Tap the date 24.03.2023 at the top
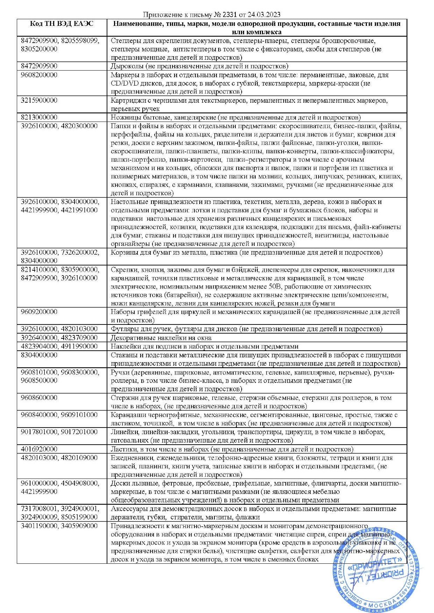coord(264,15)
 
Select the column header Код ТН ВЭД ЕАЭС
coord(62,24)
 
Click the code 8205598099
coord(80,41)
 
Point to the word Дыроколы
coord(126,66)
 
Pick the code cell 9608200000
coord(39,75)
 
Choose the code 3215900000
coord(39,100)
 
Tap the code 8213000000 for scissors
coord(39,117)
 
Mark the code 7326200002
coord(80,252)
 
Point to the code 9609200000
coord(39,312)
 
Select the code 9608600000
coord(39,397)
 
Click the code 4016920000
coord(39,449)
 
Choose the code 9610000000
coord(39,483)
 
